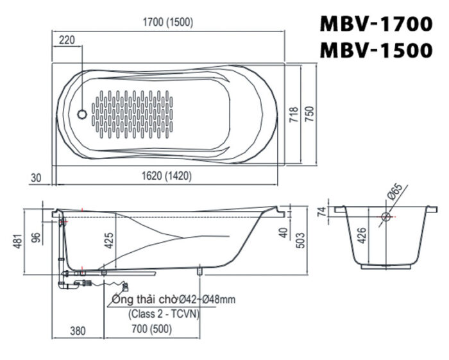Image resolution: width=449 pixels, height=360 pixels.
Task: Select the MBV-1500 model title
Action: pos(377,49)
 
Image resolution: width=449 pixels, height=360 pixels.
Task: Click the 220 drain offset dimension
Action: pos(67,40)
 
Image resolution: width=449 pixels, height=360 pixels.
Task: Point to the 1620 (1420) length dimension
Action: pos(165,175)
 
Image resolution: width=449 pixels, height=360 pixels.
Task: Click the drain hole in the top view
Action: pos(81,114)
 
